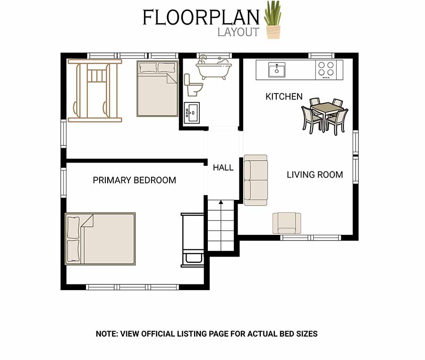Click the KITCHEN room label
(x=284, y=96)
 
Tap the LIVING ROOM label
(x=314, y=175)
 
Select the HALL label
(x=223, y=168)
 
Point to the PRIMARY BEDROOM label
(x=135, y=180)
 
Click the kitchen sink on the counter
(x=276, y=69)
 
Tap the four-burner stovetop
(x=326, y=70)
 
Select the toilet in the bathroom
(x=193, y=85)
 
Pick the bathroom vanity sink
(x=192, y=113)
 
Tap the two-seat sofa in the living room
(x=255, y=180)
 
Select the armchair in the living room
(x=287, y=223)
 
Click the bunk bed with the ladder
(x=95, y=91)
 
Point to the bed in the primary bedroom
(x=100, y=239)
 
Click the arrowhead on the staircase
(x=221, y=202)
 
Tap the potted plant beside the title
(x=273, y=20)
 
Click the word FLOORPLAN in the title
(x=201, y=17)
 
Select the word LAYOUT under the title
(x=238, y=32)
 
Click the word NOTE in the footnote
(x=107, y=334)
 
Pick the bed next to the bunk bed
(x=157, y=89)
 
